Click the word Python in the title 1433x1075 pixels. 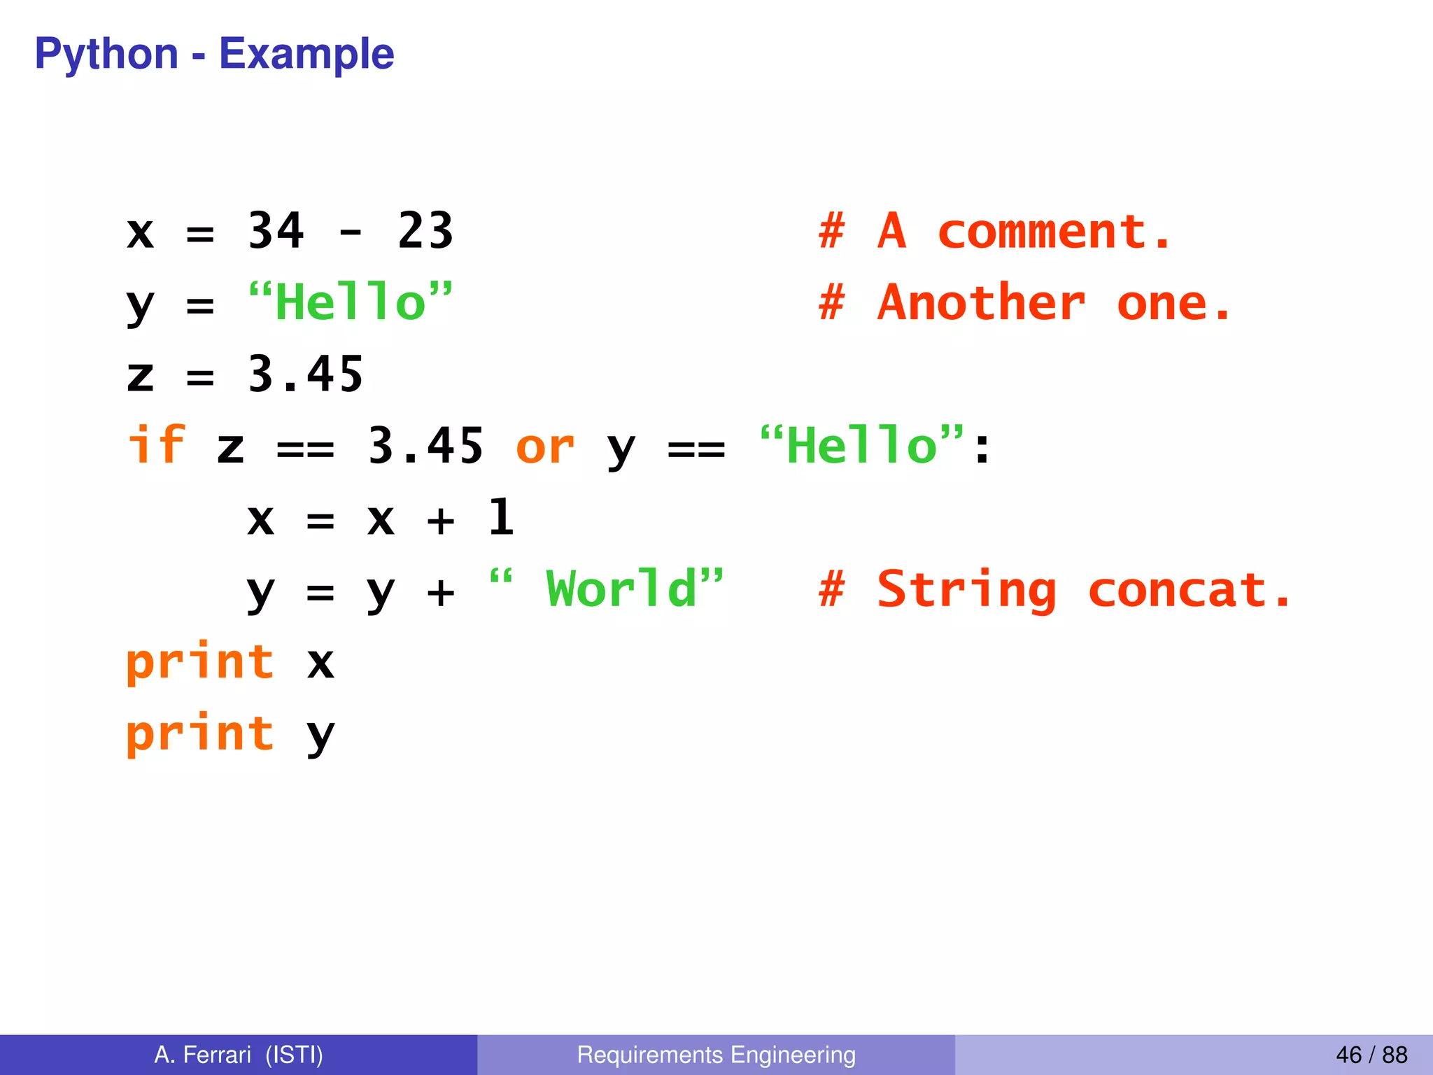coord(106,55)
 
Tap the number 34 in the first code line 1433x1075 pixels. coord(276,231)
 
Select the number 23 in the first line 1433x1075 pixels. coord(425,231)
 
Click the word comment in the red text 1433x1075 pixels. coord(1043,232)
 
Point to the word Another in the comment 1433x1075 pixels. coord(981,304)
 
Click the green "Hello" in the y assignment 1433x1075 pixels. coord(350,302)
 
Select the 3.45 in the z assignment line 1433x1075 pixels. coord(306,374)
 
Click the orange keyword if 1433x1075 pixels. coord(156,445)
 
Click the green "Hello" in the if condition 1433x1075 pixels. coord(862,445)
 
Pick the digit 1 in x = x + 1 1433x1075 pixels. coord(501,518)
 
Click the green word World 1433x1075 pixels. coord(621,589)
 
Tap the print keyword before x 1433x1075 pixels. coord(200,662)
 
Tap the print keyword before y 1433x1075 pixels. coord(200,734)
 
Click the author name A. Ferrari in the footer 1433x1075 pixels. coord(203,1055)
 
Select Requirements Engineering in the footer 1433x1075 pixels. coord(716,1055)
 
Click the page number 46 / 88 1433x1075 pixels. coord(1371,1055)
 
